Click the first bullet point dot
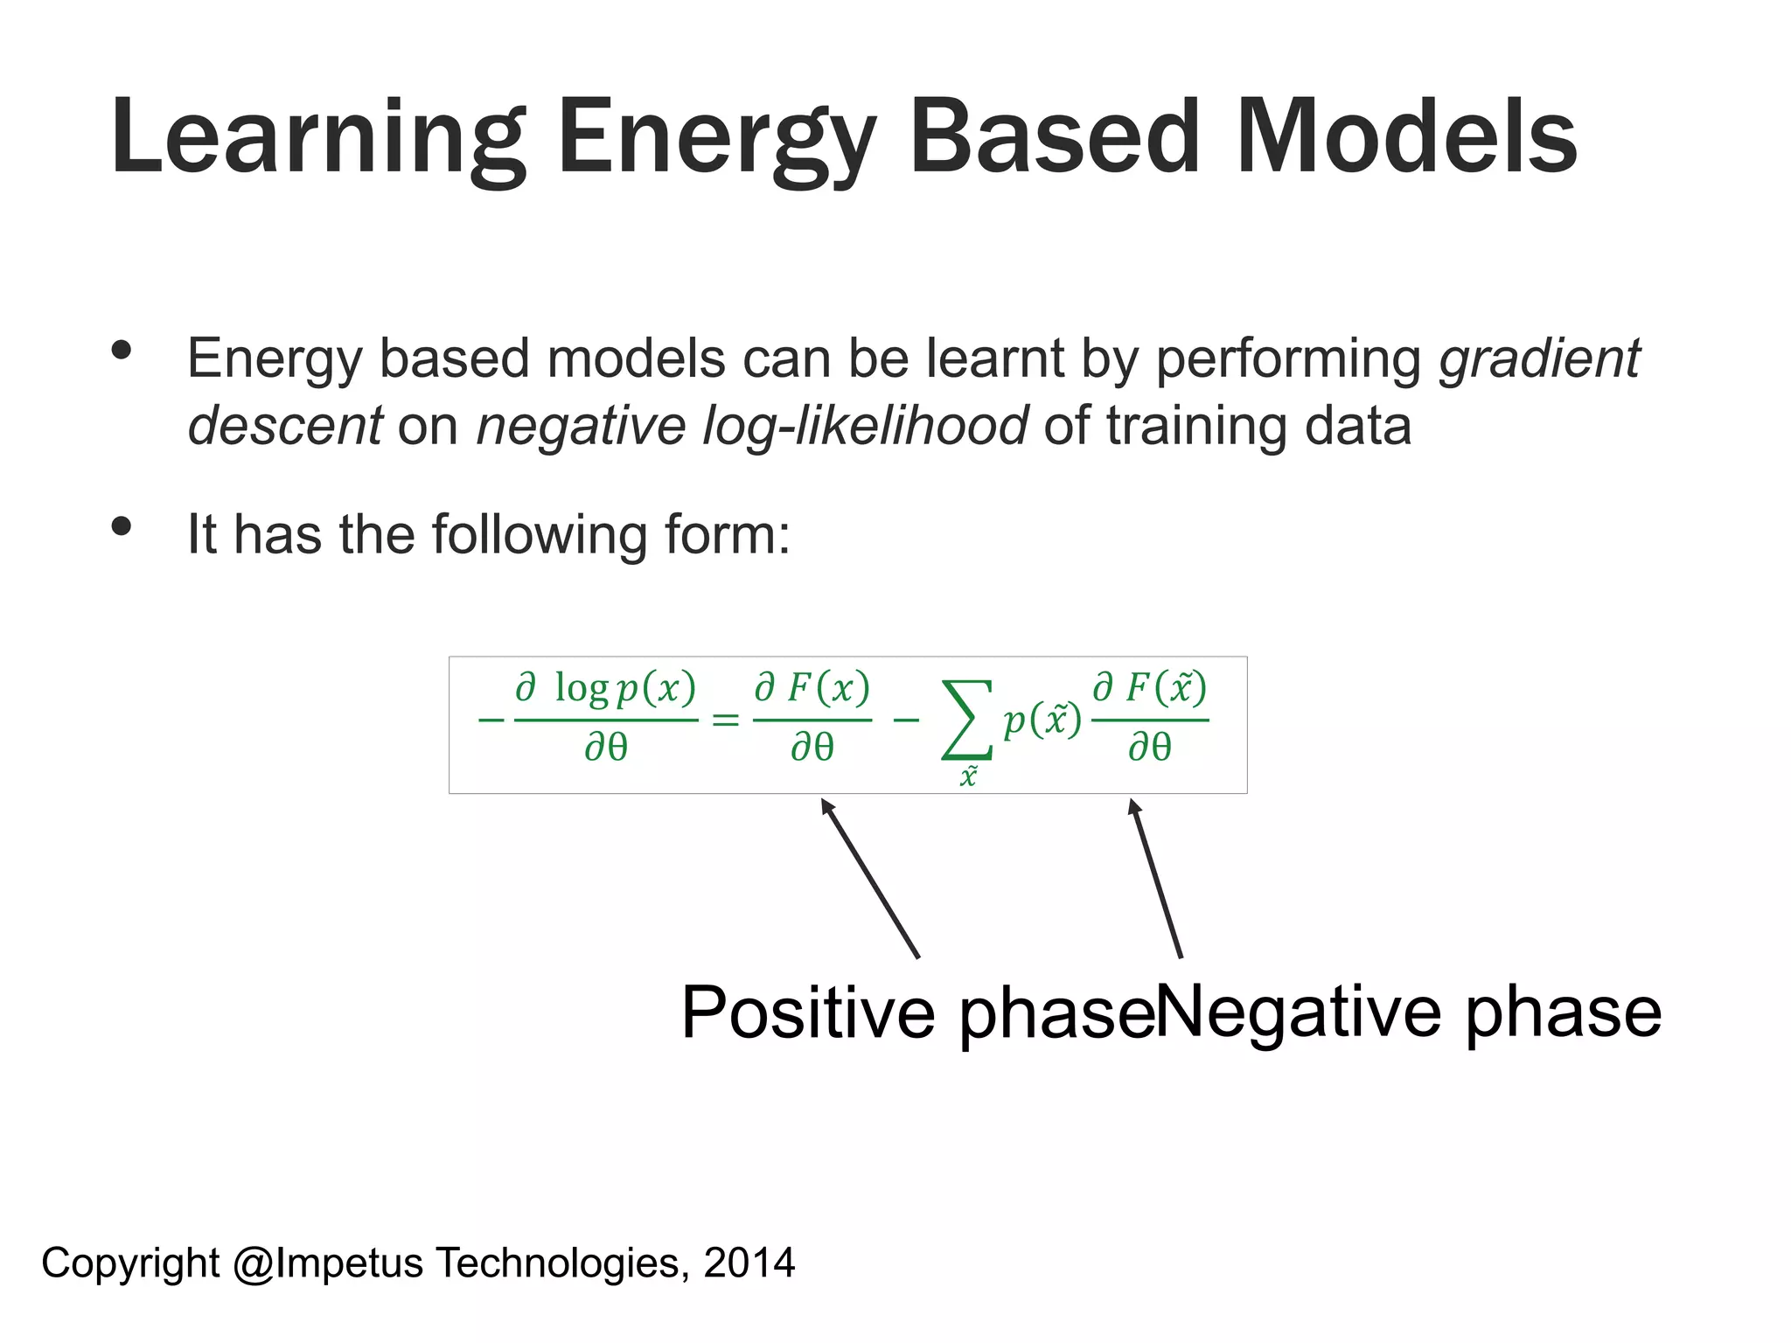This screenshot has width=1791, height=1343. (122, 351)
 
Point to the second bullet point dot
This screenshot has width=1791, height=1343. (122, 526)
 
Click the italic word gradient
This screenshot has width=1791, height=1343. (1539, 358)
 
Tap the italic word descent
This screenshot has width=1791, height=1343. (285, 426)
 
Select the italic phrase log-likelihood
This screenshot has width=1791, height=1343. (865, 426)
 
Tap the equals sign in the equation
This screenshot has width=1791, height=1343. (725, 720)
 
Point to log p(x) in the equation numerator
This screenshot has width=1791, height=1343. (624, 690)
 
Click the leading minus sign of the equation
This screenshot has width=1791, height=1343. (491, 720)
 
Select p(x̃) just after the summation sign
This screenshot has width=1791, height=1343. (1042, 720)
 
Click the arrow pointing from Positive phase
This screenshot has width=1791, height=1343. (870, 879)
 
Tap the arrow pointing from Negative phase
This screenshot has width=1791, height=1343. (1155, 879)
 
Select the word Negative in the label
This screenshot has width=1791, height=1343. (1298, 1012)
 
